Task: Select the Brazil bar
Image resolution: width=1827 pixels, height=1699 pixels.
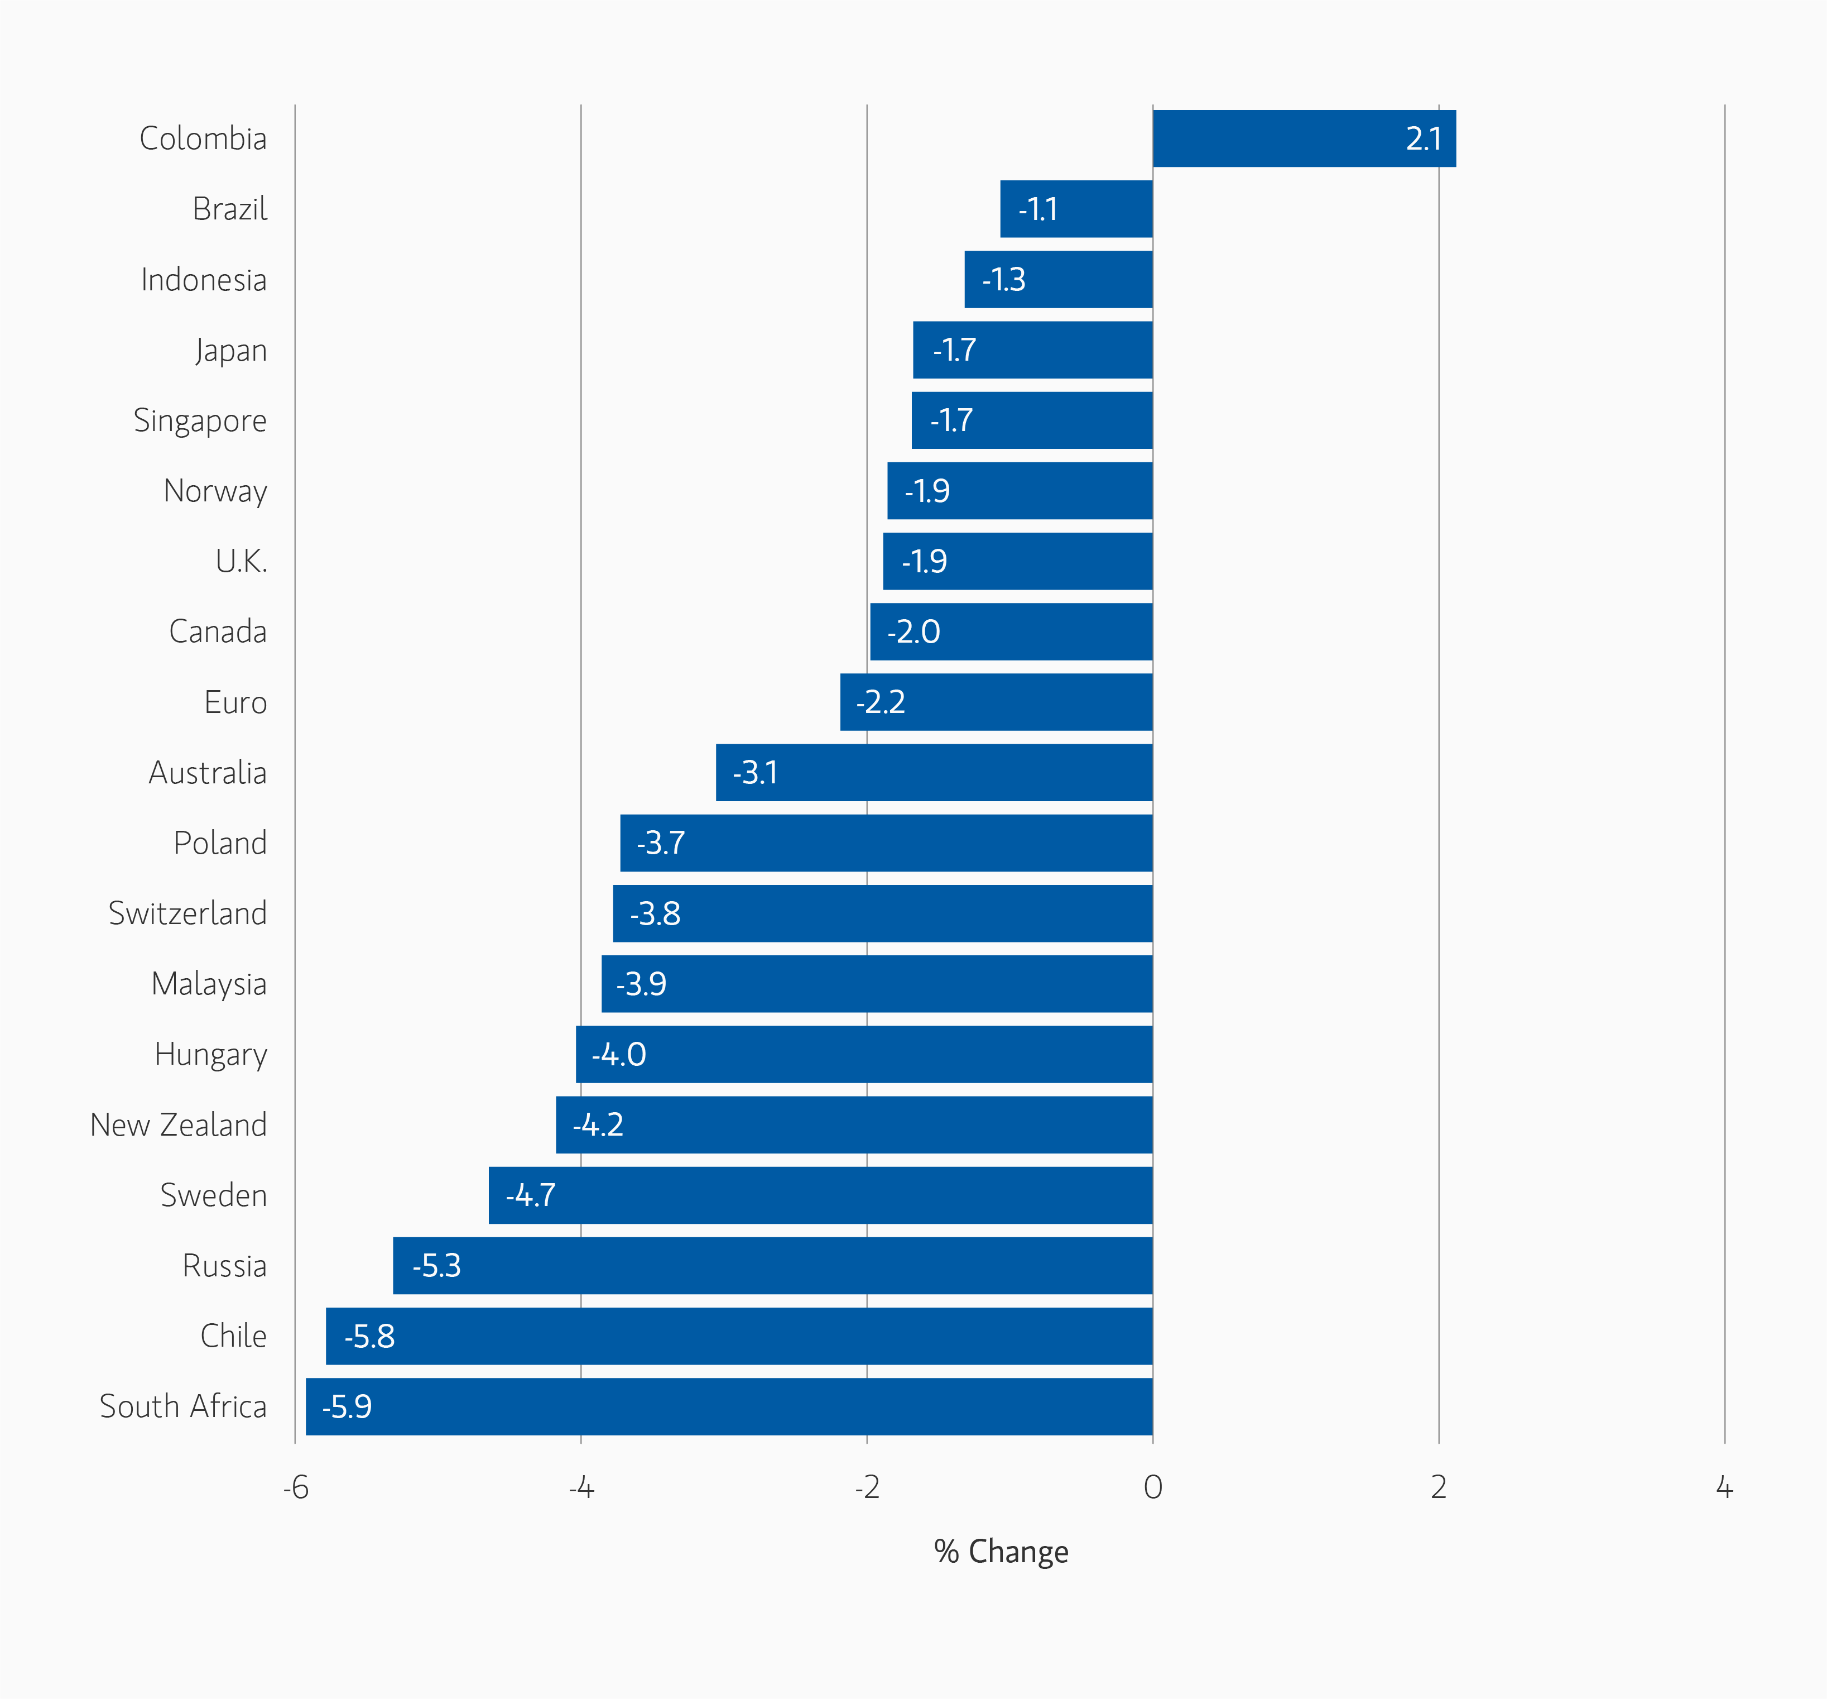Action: coord(1076,209)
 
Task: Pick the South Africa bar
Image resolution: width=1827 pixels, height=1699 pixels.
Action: coord(729,1406)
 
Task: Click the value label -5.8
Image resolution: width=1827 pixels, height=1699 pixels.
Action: coord(369,1336)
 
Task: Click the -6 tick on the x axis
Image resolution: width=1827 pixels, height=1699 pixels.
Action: coord(295,1487)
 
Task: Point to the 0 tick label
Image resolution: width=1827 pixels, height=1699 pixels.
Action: coord(1152,1487)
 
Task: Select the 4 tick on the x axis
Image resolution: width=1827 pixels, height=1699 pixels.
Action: coord(1724,1487)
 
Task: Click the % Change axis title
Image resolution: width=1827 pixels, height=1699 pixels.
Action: coord(1001,1552)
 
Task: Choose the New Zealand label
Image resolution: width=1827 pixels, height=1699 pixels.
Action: coord(178,1124)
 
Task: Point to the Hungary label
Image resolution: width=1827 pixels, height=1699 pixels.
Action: coord(210,1055)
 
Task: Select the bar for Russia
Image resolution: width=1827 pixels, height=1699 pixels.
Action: coord(772,1265)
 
